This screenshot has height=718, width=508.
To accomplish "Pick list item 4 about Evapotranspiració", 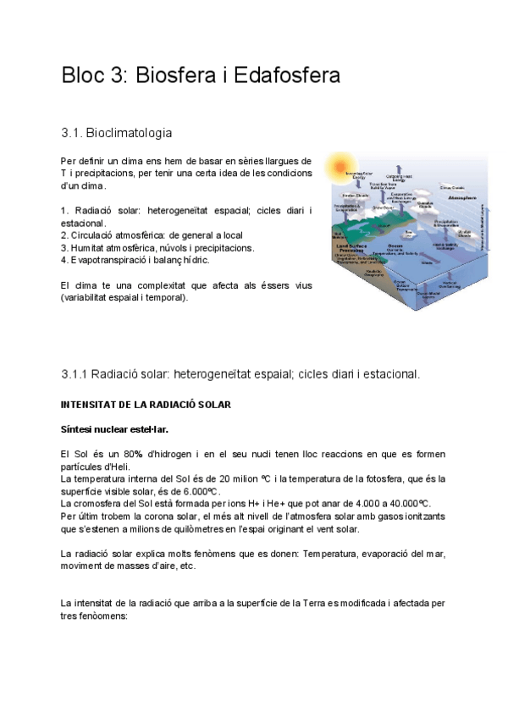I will pyautogui.click(x=135, y=260).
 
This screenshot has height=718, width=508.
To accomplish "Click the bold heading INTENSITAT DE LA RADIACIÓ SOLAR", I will pyautogui.click(x=146, y=405).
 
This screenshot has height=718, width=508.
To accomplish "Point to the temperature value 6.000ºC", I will pyautogui.click(x=200, y=492).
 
